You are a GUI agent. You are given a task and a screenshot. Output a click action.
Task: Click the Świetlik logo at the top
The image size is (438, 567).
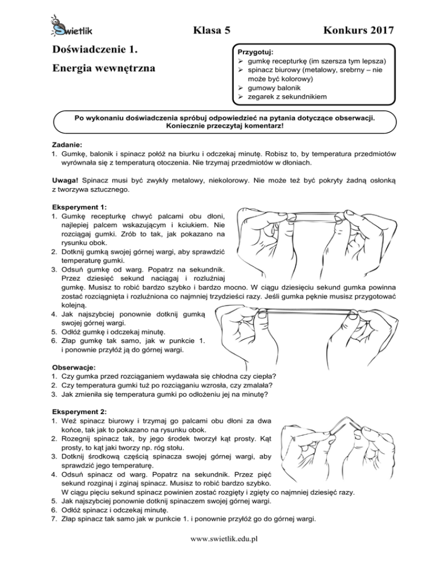(x=68, y=27)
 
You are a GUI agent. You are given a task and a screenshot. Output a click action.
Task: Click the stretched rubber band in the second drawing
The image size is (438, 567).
(x=308, y=314)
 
